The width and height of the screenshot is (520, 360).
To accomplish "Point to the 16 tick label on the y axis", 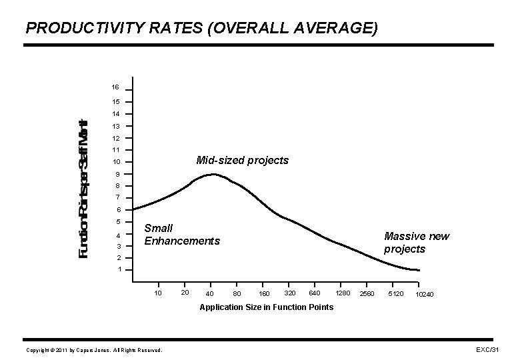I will point(115,88).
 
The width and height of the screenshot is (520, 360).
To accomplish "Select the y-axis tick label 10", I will point(115,163).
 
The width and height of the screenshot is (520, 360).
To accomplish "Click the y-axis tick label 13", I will point(115,126).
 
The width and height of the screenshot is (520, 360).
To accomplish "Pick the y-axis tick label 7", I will point(117,198).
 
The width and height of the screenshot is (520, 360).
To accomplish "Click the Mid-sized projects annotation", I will point(242,161).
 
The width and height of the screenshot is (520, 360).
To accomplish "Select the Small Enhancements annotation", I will point(181,235).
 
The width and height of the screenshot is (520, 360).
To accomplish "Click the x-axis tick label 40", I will point(210,294).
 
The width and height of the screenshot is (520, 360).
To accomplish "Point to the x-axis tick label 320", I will point(290,293).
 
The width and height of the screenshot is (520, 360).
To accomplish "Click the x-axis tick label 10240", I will point(424,294).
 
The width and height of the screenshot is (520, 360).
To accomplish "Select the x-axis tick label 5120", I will point(396,293).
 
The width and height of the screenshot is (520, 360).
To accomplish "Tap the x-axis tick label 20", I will point(185,293).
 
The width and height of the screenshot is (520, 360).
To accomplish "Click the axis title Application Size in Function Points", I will point(267,307).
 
